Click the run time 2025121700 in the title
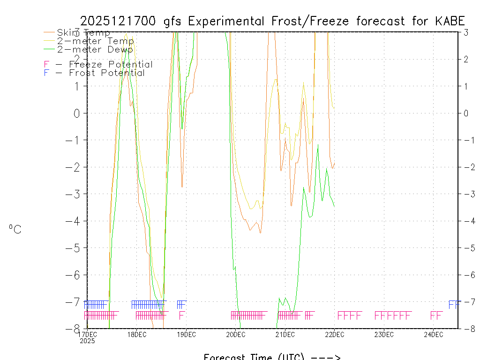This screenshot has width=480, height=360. [x=119, y=21]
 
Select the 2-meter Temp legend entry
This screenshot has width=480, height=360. [x=95, y=41]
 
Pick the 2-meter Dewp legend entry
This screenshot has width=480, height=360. [x=95, y=49]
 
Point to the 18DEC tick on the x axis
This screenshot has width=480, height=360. [x=137, y=334]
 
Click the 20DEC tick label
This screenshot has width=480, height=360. [x=236, y=334]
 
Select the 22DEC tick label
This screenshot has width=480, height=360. [x=335, y=334]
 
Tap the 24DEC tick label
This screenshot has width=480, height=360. [x=434, y=334]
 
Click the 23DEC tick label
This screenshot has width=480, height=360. [x=384, y=334]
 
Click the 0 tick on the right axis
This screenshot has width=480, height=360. [x=466, y=113]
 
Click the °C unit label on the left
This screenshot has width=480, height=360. [x=15, y=229]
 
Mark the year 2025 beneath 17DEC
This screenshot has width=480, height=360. [x=87, y=341]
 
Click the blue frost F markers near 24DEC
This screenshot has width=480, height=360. [x=453, y=304]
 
